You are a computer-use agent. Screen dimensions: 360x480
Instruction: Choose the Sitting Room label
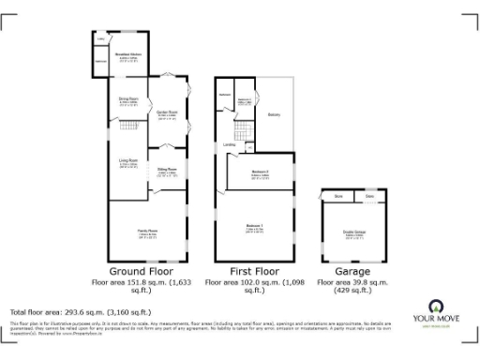pyautogui.click(x=167, y=172)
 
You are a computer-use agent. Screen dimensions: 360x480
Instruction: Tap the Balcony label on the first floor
pyautogui.click(x=273, y=115)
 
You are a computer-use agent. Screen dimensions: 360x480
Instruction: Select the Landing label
pyautogui.click(x=229, y=144)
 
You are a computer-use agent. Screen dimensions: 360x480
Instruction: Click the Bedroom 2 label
pyautogui.click(x=260, y=173)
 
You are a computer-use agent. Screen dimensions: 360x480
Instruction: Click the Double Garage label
pyautogui.click(x=354, y=234)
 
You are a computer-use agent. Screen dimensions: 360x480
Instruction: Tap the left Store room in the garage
pyautogui.click(x=338, y=196)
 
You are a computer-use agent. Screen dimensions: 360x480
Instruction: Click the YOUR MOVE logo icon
pyautogui.click(x=435, y=307)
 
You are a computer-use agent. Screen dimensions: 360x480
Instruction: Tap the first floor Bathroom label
pyautogui.click(x=226, y=95)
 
